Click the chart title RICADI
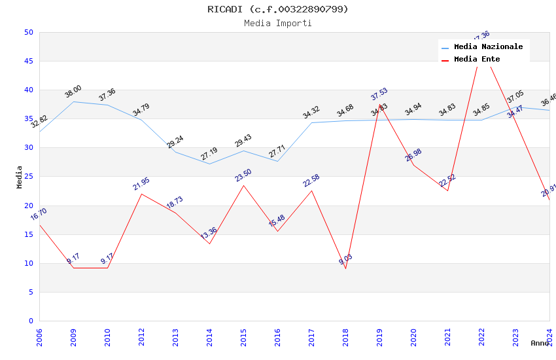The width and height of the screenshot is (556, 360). point(277,9)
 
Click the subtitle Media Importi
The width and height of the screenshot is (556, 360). point(277,24)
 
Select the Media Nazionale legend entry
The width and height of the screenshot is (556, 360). point(488,47)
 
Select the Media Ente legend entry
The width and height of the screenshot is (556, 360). point(477,60)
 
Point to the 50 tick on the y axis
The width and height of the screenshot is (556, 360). point(28,33)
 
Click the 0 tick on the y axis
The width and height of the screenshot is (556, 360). point(31,321)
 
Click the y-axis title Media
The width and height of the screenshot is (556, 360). point(20,177)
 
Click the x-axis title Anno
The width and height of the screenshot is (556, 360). point(540,343)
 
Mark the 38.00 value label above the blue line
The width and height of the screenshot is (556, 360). point(73,92)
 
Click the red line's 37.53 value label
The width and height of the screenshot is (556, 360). point(379,94)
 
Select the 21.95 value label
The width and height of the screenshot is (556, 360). point(141,184)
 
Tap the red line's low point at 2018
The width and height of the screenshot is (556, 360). point(346,269)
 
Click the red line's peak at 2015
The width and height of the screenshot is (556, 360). point(244,185)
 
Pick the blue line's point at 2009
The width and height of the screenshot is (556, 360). point(74,101)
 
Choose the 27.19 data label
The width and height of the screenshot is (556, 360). point(209,154)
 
